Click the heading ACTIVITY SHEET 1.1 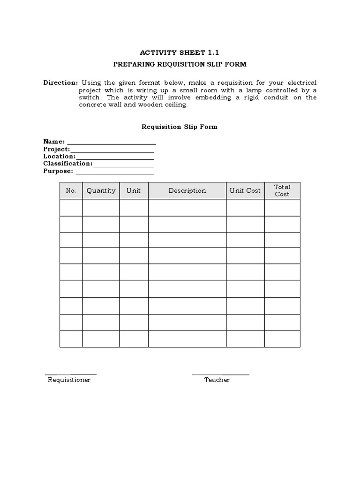(x=180, y=53)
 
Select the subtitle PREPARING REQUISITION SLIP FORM (x=180, y=64)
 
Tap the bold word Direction (x=60, y=82)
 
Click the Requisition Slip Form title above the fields (x=180, y=127)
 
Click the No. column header (x=71, y=191)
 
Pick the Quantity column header (x=101, y=191)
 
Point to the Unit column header (x=134, y=191)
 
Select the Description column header (x=187, y=191)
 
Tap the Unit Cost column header (x=245, y=191)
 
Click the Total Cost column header (x=282, y=191)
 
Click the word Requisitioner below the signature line (x=69, y=380)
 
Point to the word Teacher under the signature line (x=217, y=380)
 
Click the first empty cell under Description (x=187, y=208)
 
